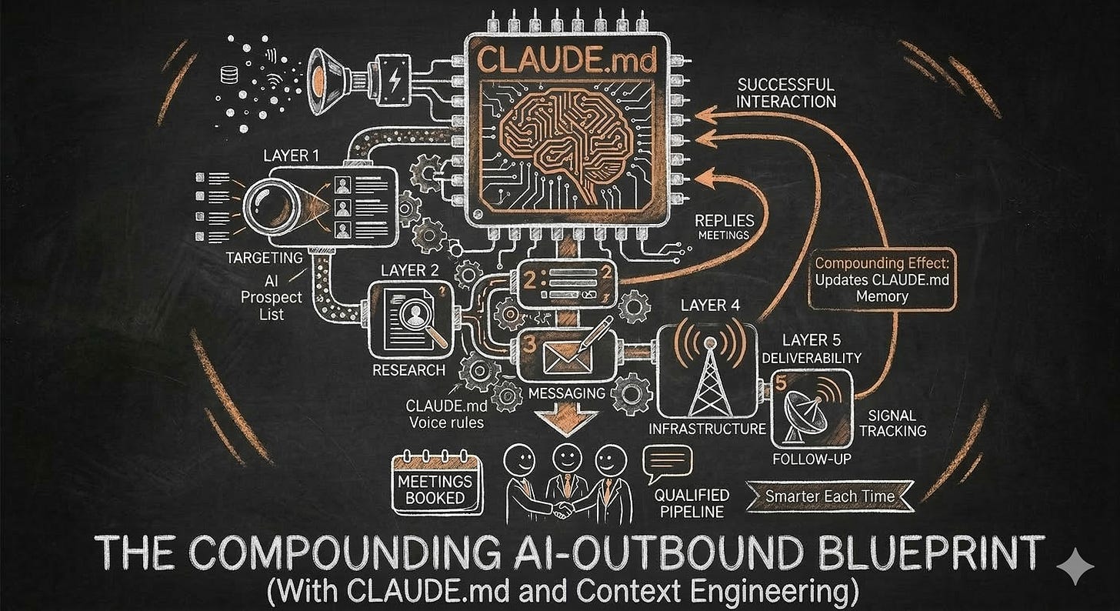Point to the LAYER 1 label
click(291, 155)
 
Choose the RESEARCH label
click(408, 370)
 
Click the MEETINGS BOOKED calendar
click(436, 487)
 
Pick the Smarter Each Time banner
click(830, 496)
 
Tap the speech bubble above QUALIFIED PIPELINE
click(667, 460)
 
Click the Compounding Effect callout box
click(882, 278)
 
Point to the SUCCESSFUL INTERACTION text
click(785, 92)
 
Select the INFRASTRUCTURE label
click(708, 429)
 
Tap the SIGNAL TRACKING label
click(892, 422)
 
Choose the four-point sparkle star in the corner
click(1075, 567)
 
